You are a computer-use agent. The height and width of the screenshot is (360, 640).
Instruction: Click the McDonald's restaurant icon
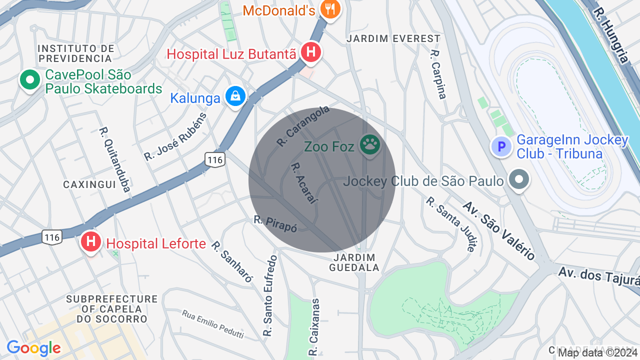329,9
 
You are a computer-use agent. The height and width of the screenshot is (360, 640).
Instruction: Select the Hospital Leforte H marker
90,242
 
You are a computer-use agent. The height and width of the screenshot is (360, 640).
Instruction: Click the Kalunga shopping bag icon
235,96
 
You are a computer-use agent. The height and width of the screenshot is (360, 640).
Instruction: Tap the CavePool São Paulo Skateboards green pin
30,79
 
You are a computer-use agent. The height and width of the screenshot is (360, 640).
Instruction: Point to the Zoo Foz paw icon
370,145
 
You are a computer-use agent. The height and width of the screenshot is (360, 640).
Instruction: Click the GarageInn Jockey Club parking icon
501,146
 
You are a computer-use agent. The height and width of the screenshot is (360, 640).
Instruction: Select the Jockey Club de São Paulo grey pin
519,179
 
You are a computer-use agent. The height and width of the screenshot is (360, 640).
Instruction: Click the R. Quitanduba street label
114,159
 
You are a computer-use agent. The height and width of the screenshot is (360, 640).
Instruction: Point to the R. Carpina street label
438,74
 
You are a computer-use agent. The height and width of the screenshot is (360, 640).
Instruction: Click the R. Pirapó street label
275,223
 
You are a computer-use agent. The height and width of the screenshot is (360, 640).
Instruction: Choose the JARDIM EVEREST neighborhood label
393,38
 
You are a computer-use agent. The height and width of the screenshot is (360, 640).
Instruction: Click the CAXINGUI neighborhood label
89,184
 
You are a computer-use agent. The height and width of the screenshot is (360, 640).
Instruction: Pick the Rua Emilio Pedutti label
212,324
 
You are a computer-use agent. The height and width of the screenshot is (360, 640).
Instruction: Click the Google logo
33,348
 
